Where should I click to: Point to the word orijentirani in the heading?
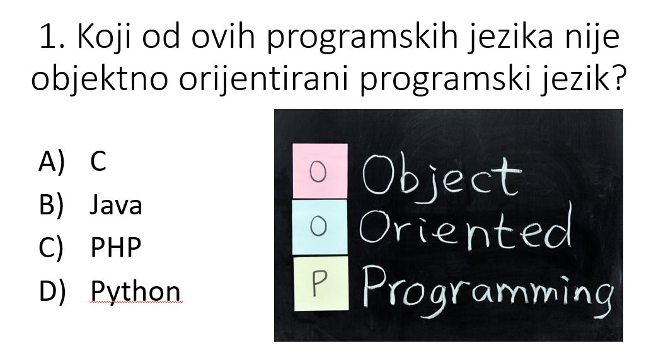(x=263, y=78)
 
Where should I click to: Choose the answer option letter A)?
(x=52, y=161)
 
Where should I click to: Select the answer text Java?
(x=116, y=205)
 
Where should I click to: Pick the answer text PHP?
(x=116, y=247)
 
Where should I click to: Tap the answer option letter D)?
(x=52, y=291)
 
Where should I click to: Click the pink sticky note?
(x=320, y=171)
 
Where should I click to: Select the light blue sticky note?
(x=319, y=227)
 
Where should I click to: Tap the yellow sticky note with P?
(x=321, y=283)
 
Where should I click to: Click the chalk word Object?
(x=442, y=178)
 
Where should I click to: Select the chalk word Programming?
(x=488, y=291)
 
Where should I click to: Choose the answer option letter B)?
(x=51, y=205)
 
